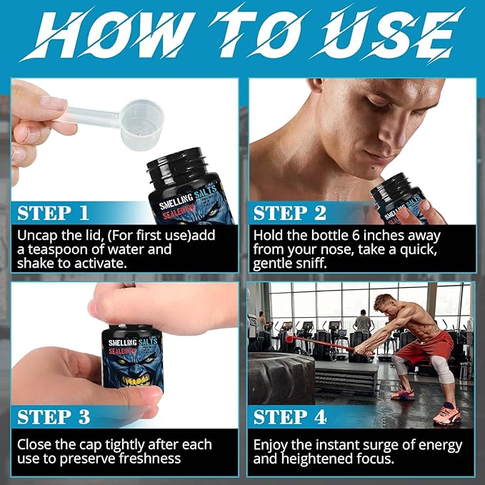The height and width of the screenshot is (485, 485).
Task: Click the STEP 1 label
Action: point(53,213)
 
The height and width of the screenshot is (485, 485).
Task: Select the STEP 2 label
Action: point(290,213)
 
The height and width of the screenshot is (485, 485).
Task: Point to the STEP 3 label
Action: point(54,417)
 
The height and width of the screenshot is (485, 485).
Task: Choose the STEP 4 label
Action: point(290,417)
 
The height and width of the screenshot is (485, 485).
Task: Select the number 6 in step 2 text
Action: point(356,236)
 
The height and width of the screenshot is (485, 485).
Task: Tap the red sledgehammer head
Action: point(289,339)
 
